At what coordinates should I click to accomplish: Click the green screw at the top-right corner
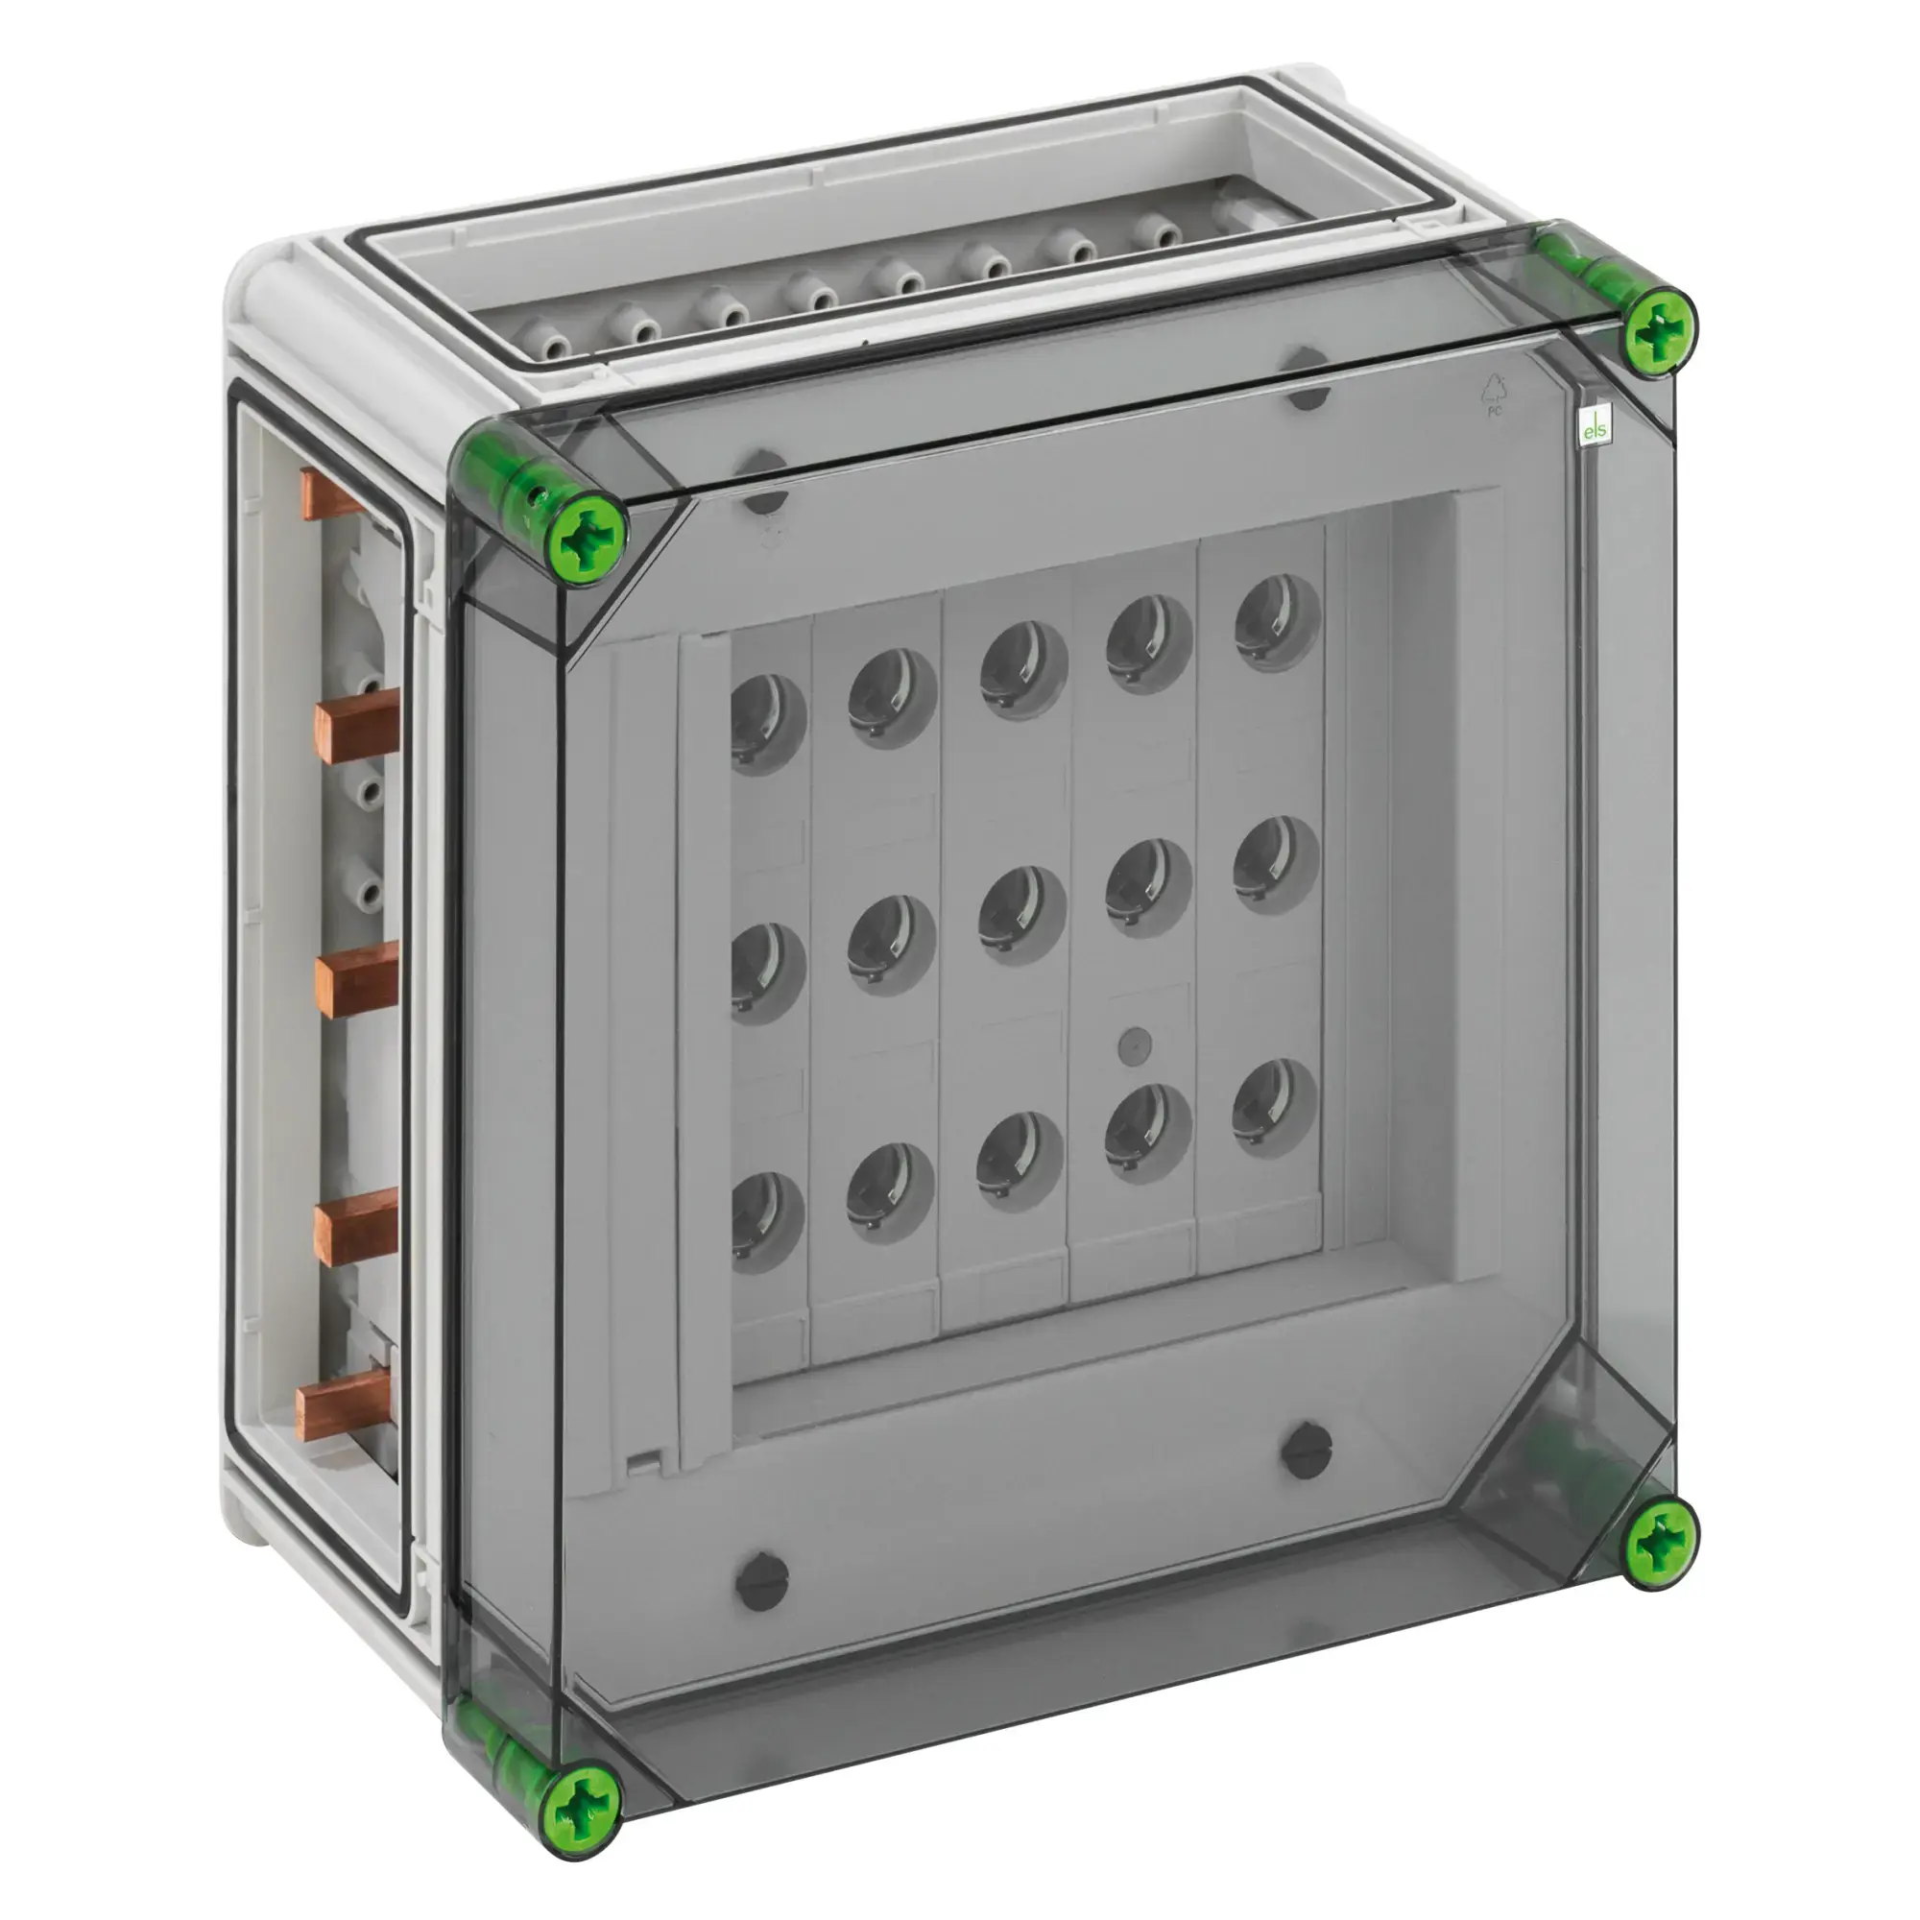coord(1659,332)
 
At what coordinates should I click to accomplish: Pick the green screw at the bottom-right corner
coord(1661,1544)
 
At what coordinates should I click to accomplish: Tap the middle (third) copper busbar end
coord(357,979)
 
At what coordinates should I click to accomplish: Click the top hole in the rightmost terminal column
coord(1278,621)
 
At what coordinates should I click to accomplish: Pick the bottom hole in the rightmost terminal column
coord(1275,1107)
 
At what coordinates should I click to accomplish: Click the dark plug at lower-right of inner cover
coord(1306,1451)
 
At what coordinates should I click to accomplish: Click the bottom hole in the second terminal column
coord(890,1192)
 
